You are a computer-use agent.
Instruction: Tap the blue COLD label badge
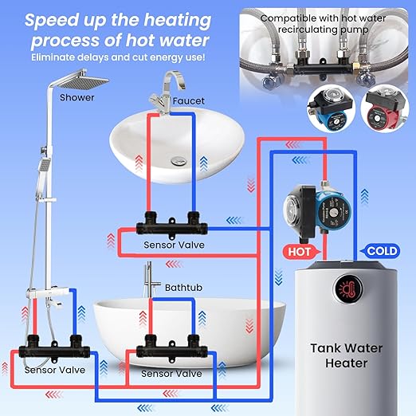click(380, 251)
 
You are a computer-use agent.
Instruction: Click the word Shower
click(77, 97)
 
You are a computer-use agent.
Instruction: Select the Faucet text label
click(189, 101)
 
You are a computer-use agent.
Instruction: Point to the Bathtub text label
click(183, 288)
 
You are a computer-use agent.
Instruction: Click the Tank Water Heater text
click(347, 355)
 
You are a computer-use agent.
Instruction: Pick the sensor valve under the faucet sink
click(171, 225)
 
